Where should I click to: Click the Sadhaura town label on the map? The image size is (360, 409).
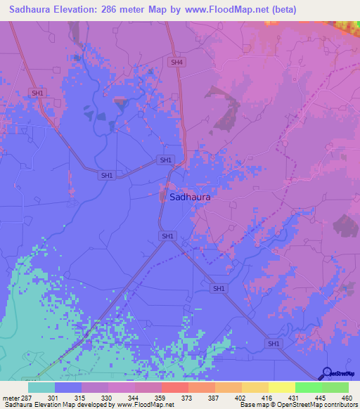[190, 197]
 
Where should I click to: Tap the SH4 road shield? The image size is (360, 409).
[176, 63]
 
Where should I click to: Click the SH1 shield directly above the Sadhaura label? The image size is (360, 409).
[166, 160]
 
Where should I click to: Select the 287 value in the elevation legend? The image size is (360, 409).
[27, 398]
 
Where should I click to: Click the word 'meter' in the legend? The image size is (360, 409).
[11, 398]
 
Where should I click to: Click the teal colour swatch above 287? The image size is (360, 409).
[41, 387]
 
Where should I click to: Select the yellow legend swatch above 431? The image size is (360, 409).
[281, 387]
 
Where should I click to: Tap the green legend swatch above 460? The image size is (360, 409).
[335, 387]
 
